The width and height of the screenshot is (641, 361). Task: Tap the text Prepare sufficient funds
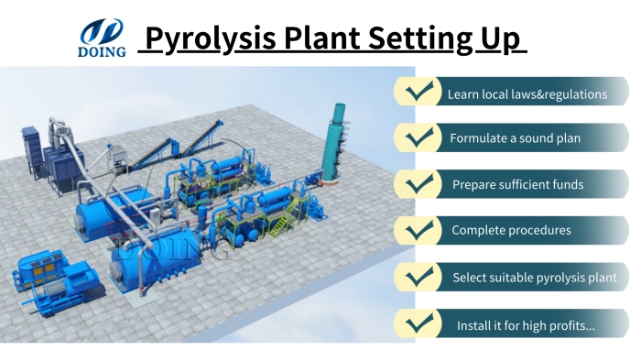point(517,185)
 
